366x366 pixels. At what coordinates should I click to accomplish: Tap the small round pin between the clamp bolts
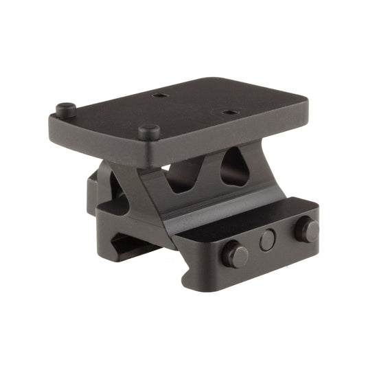point(268,240)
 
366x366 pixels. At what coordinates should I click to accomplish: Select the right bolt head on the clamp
point(306,230)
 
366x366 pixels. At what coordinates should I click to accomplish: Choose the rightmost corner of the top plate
point(305,110)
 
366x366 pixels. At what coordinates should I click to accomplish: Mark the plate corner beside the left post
point(52,124)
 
